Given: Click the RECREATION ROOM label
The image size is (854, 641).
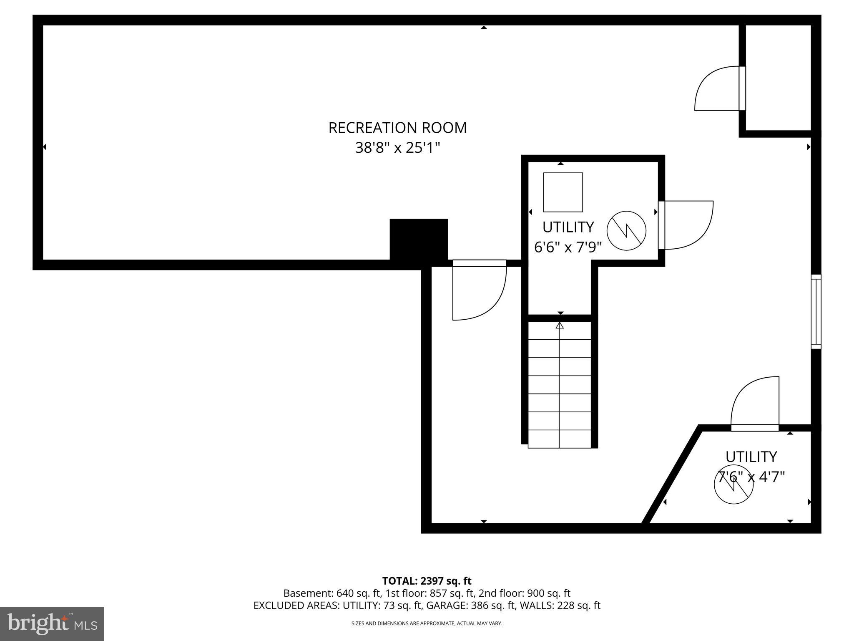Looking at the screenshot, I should tap(397, 128).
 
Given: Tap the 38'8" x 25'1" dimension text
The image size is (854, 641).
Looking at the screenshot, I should tap(397, 148).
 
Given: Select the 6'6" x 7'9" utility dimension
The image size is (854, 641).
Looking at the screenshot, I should tap(568, 247).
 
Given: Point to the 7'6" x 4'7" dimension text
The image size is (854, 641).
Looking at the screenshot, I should tap(751, 477).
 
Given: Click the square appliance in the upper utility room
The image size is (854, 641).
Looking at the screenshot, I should tap(563, 192).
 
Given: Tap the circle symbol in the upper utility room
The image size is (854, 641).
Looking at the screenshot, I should tap(626, 231).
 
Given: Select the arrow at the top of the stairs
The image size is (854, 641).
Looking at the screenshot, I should tap(560, 326).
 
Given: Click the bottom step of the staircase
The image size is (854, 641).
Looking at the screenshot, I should tap(560, 439).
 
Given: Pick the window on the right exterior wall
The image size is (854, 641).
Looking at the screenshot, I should tap(816, 311).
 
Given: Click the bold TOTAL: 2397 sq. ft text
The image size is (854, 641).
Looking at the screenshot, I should tap(427, 581).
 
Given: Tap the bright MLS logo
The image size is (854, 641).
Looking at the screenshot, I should tap(52, 624).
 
